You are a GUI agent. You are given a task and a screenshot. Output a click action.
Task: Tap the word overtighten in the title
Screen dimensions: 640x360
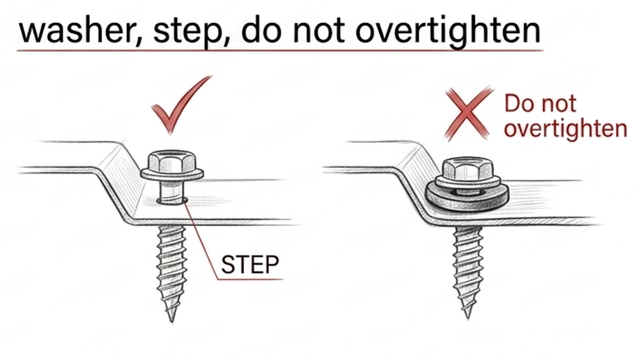pyautogui.click(x=447, y=32)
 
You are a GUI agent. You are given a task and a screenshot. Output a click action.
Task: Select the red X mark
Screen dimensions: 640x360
pyautogui.click(x=469, y=114)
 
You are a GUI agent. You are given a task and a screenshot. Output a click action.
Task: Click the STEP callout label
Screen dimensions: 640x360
pyautogui.click(x=250, y=265)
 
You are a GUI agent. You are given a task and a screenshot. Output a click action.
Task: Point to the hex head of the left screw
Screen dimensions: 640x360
pyautogui.click(x=172, y=161)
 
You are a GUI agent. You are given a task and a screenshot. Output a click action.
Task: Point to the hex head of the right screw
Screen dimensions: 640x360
pyautogui.click(x=468, y=167)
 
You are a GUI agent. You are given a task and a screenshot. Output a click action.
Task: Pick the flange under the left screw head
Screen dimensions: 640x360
pyautogui.click(x=172, y=174)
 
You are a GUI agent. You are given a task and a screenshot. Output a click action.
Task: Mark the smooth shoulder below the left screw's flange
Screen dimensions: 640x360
pyautogui.click(x=172, y=191)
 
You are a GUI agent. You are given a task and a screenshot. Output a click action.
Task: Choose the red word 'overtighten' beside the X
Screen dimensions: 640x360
pyautogui.click(x=565, y=130)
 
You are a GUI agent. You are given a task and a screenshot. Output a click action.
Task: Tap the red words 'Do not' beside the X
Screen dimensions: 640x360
pyautogui.click(x=540, y=103)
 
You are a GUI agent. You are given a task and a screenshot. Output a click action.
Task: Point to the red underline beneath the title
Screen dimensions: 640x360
pyautogui.click(x=280, y=51)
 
